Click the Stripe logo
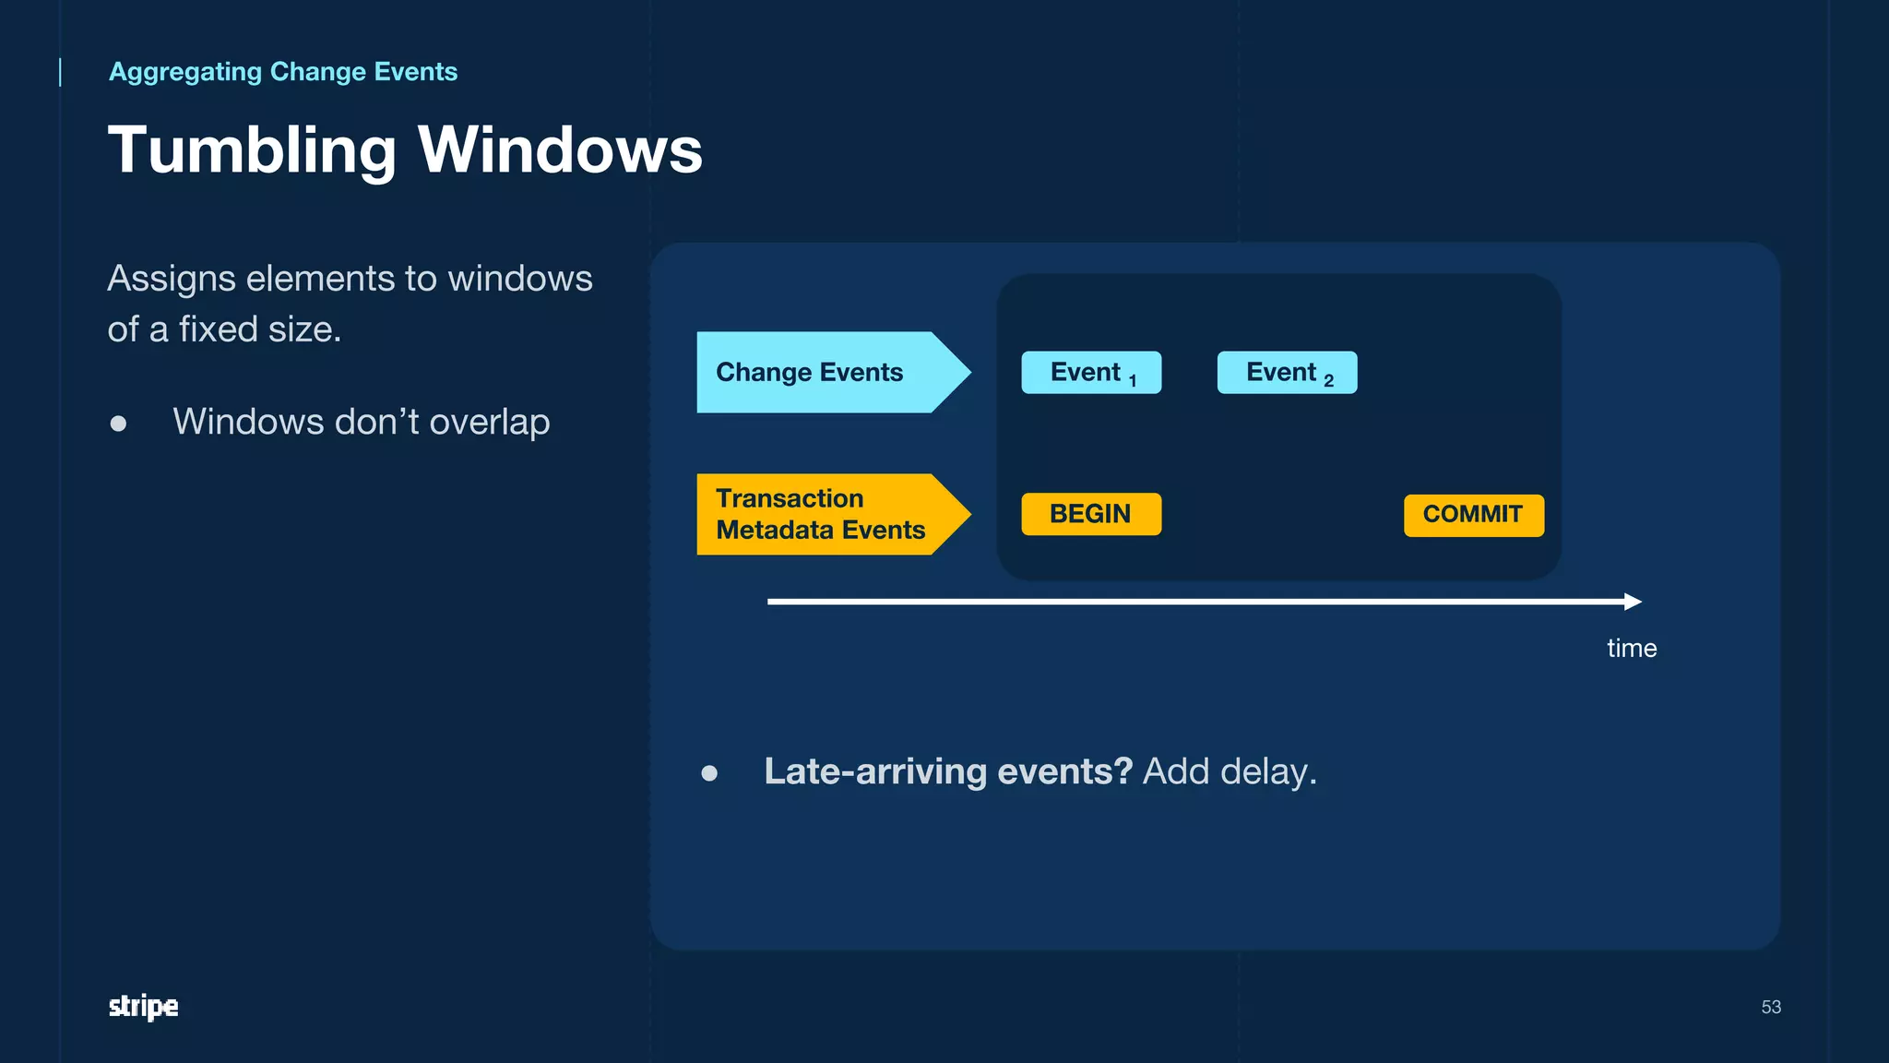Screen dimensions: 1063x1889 tap(143, 1006)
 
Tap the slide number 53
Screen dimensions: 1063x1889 tap(1770, 1007)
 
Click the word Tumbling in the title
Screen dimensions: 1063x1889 tap(252, 150)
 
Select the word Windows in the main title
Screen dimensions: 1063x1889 tap(560, 150)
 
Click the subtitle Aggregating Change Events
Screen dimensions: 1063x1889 tap(282, 72)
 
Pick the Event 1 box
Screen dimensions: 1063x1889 tap(1091, 373)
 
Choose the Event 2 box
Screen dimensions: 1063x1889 tap(1287, 373)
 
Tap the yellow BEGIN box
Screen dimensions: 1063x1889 tap(1091, 514)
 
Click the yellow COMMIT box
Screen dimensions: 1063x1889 tap(1473, 515)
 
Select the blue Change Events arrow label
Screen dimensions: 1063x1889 tap(810, 372)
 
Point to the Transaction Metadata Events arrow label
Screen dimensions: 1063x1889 tap(820, 514)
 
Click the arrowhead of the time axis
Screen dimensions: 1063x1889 tap(1633, 602)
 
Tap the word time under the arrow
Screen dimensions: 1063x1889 tap(1632, 648)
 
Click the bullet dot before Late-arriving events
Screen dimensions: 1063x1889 tap(709, 773)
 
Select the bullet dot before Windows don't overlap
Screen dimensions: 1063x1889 tap(118, 424)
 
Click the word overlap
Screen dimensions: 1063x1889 tap(489, 423)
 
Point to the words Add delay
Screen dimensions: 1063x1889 tap(1229, 771)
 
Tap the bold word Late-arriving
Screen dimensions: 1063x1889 tap(875, 771)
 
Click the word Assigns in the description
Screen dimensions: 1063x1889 tap(172, 279)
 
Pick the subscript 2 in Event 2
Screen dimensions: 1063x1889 tap(1328, 381)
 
